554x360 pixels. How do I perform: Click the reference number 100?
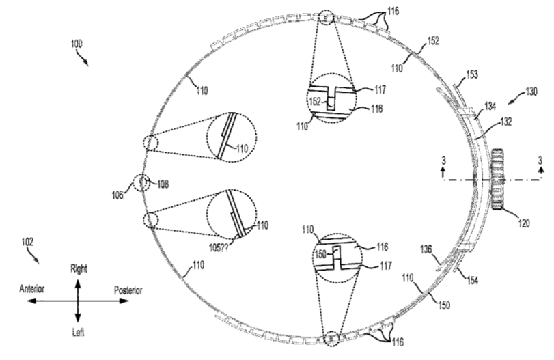[x=77, y=44]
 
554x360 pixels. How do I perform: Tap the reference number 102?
[x=27, y=242]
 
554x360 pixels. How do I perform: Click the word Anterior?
[x=32, y=289]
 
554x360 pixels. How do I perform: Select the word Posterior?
[x=128, y=290]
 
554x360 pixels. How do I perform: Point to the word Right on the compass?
[x=79, y=269]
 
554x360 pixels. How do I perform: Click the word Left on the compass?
[x=78, y=333]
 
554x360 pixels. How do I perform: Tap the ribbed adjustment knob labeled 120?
[x=497, y=180]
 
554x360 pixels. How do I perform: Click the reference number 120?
[x=524, y=223]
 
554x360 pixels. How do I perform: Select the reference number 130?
[x=531, y=92]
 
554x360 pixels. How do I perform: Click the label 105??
[x=219, y=248]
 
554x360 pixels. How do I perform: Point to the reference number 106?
[x=117, y=195]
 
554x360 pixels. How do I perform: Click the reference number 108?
[x=163, y=184]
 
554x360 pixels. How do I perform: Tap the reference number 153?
[x=472, y=74]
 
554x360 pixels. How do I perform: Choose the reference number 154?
[x=473, y=280]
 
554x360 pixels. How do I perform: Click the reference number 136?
[x=426, y=249]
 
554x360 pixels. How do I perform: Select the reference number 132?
[x=506, y=122]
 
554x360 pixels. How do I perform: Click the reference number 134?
[x=490, y=106]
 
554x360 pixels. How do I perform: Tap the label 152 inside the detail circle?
[x=315, y=102]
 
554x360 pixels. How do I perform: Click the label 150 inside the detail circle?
[x=320, y=254]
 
